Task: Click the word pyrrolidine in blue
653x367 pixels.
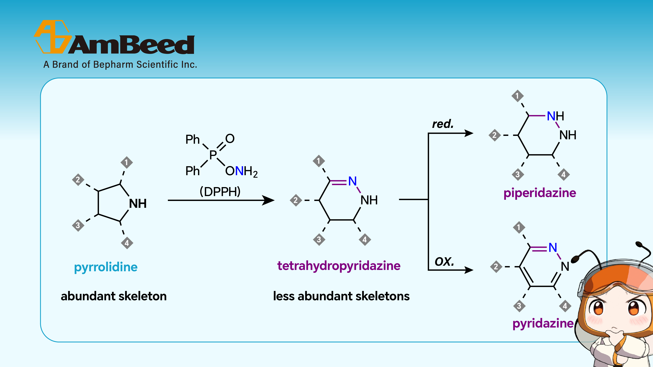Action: (x=106, y=267)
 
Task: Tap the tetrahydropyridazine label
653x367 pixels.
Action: (x=339, y=266)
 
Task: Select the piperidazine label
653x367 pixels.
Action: (x=540, y=193)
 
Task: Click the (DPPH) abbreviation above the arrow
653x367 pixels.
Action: (x=220, y=191)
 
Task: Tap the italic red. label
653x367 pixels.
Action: (x=443, y=124)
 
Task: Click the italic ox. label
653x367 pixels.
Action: (x=444, y=262)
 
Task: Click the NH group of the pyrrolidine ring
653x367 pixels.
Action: (x=138, y=204)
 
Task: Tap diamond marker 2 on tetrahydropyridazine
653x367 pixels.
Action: (x=296, y=200)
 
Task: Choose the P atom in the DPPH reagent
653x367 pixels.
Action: (x=213, y=154)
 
